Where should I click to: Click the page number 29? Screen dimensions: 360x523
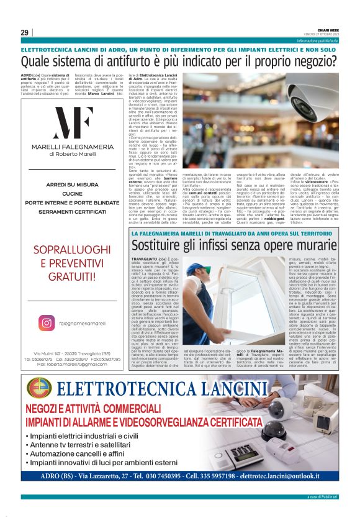tap(24, 32)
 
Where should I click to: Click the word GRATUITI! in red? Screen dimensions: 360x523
tap(73, 293)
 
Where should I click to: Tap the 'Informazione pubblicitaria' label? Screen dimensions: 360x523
tap(317, 40)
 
